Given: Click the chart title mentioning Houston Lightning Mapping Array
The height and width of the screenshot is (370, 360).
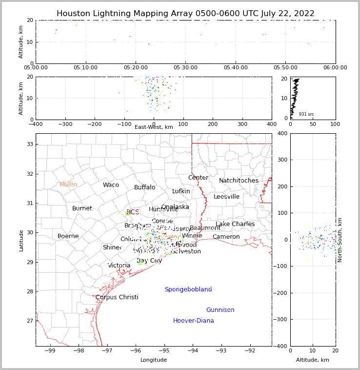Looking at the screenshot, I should coord(185,14).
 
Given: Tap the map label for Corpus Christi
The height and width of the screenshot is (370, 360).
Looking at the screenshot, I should coord(117,297).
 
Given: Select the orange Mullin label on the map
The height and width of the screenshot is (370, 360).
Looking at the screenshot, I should coord(68,185).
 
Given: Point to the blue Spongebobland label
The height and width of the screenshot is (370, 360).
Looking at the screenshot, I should coord(188,289).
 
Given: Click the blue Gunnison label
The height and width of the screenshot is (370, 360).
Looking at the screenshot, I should coord(220,310).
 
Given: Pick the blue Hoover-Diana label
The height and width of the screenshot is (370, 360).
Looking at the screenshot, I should coord(194,321).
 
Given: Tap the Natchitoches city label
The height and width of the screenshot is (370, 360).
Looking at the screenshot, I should coord(239,181).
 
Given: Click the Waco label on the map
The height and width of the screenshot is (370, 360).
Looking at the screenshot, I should coord(111,185).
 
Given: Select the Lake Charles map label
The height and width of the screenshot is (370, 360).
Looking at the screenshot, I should coord(235,224).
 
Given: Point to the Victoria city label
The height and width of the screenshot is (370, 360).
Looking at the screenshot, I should coord(119,266).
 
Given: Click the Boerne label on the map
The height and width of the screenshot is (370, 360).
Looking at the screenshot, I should coord(68,236).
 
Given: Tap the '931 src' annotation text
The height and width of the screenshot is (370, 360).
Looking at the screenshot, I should coord(306,114).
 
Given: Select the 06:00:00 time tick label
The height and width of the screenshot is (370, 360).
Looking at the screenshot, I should coord(335,68).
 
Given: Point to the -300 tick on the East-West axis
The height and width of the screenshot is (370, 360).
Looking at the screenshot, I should coord(65,124).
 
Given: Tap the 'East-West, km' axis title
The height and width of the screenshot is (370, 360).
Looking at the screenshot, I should coord(154,127).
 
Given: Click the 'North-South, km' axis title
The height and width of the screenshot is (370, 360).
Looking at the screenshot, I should coord(340,240).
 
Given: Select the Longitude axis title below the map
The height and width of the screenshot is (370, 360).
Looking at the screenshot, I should coord(154,360).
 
